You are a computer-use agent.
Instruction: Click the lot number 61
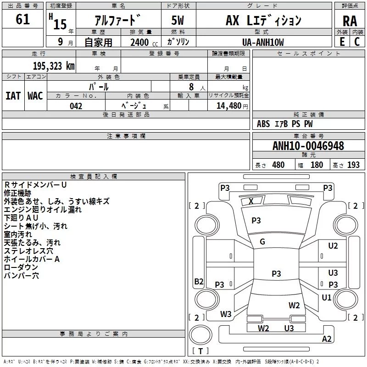point(22,19)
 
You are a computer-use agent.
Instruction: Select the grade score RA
point(350,21)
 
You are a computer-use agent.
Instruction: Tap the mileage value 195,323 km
point(54,66)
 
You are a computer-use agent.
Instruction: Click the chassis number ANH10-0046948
point(308,146)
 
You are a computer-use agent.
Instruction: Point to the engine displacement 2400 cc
point(144,42)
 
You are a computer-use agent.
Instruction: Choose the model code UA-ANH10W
point(263,42)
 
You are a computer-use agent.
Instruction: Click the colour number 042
point(76,106)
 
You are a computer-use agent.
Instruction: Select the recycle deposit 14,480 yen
point(232,106)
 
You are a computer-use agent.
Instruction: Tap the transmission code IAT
point(13,96)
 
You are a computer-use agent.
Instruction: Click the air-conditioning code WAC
point(35,96)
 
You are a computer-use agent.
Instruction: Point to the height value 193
point(353,165)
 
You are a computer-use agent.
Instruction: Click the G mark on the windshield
point(262,242)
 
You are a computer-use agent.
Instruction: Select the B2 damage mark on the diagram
point(199,281)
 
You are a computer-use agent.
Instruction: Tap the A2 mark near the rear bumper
point(327,339)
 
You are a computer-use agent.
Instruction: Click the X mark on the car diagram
point(251,201)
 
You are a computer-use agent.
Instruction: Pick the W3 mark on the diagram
point(226,314)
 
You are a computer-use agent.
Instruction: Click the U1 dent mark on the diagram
point(327,298)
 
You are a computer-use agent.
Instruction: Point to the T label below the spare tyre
point(200,351)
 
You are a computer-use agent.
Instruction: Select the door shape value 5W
point(178,20)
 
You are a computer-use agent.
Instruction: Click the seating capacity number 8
point(191,87)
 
